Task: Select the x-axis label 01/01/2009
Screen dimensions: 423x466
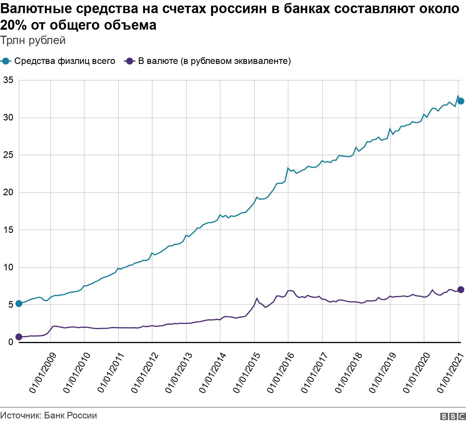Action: point(43,374)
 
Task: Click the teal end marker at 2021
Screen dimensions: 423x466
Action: point(461,101)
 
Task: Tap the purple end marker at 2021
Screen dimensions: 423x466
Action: point(461,290)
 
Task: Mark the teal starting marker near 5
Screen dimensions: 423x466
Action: point(19,304)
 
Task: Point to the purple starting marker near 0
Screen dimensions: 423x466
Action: point(19,337)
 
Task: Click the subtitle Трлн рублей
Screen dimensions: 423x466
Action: point(33,41)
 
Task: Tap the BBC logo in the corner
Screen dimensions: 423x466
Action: point(453,416)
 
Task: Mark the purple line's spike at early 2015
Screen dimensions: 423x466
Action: point(257,299)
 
